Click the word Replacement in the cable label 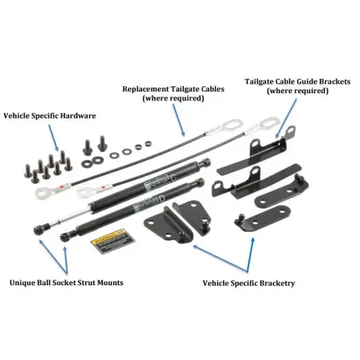click(x=141, y=88)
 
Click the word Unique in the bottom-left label click(x=25, y=283)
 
